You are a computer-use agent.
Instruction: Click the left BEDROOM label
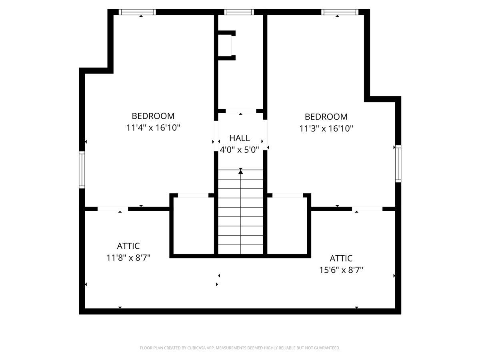(153, 116)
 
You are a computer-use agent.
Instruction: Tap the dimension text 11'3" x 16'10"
(326, 128)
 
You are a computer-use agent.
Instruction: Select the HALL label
(240, 138)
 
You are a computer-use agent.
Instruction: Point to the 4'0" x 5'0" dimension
(240, 150)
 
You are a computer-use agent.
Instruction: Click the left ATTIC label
(128, 246)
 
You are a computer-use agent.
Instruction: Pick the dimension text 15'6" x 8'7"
(341, 270)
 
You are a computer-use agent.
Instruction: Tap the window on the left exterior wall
(82, 170)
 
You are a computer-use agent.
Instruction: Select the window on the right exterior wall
(398, 164)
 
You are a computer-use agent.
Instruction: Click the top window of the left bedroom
(137, 12)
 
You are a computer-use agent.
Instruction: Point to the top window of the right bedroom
(340, 12)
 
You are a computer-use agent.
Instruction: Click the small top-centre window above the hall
(239, 12)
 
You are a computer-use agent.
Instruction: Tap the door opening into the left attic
(113, 209)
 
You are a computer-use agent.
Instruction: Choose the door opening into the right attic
(367, 209)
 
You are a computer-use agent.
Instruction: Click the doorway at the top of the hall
(241, 111)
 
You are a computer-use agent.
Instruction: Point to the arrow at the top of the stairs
(240, 171)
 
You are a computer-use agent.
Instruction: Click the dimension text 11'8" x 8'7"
(128, 258)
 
